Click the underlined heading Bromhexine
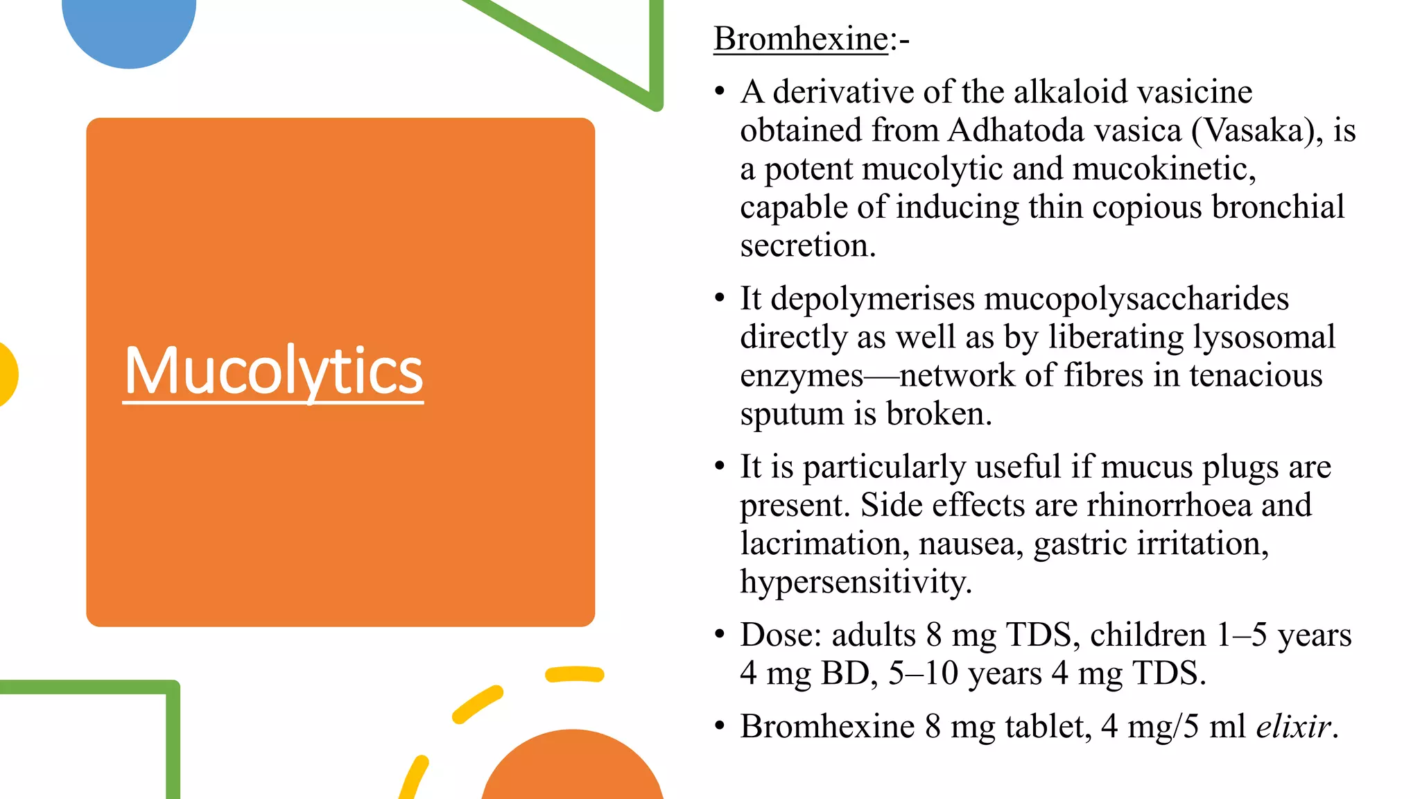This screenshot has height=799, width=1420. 801,39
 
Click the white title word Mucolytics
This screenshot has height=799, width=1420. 273,371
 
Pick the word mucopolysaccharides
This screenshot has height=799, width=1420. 1136,299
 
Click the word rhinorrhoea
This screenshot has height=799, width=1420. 1169,505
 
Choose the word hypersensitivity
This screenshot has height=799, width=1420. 856,581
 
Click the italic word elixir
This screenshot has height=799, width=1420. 1293,726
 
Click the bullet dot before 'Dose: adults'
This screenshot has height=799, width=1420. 720,634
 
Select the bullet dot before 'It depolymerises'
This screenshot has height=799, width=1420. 720,298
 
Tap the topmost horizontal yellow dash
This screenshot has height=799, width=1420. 575,674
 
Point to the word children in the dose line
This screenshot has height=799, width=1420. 1148,635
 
